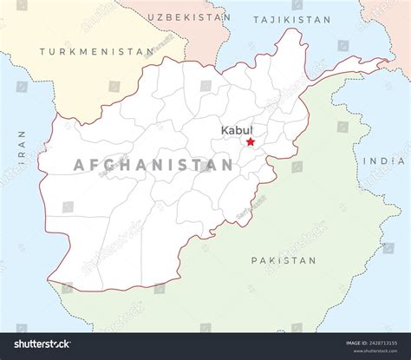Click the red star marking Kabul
251,141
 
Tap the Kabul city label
237,129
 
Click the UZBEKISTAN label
188,16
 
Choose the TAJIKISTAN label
292,18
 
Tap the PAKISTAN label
284,259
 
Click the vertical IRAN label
21,147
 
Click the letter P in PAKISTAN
254,259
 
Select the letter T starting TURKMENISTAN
42,51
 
